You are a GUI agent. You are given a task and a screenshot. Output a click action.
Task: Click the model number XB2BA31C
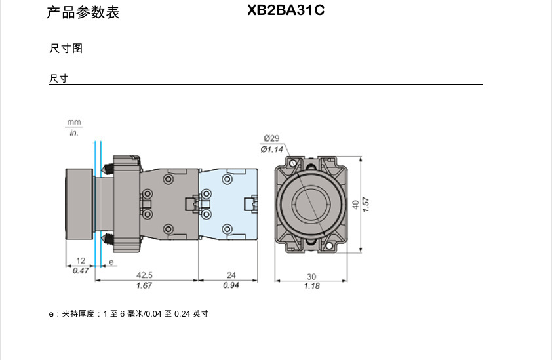(286, 10)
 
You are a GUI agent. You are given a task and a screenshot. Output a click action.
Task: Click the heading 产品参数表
(83, 12)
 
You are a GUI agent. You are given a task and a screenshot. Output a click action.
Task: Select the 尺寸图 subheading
(66, 49)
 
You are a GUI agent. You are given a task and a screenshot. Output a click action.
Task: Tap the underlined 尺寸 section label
(58, 79)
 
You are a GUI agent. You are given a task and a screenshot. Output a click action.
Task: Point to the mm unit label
(73, 123)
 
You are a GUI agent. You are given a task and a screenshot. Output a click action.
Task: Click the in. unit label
(73, 132)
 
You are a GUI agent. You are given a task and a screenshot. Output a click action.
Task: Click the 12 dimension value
(81, 261)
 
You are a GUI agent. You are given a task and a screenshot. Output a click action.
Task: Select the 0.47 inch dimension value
(81, 270)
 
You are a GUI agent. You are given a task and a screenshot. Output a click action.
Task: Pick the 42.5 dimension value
(145, 275)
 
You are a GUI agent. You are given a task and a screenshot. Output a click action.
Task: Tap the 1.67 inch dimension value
(145, 285)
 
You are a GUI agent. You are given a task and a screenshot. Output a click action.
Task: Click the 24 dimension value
(231, 275)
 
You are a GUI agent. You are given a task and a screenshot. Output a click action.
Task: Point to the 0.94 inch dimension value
(231, 285)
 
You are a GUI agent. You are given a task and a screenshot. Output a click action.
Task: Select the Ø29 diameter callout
(271, 138)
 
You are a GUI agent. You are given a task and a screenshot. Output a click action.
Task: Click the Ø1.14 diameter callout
(271, 149)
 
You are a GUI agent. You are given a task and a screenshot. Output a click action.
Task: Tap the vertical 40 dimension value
(355, 205)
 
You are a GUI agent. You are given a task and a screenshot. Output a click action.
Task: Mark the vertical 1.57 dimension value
(366, 205)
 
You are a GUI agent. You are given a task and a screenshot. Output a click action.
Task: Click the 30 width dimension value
(311, 276)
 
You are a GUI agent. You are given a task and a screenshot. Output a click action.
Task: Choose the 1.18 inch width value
(311, 286)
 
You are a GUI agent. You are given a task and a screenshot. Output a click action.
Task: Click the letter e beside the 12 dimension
(111, 262)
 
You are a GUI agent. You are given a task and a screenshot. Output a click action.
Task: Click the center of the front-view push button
(311, 204)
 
